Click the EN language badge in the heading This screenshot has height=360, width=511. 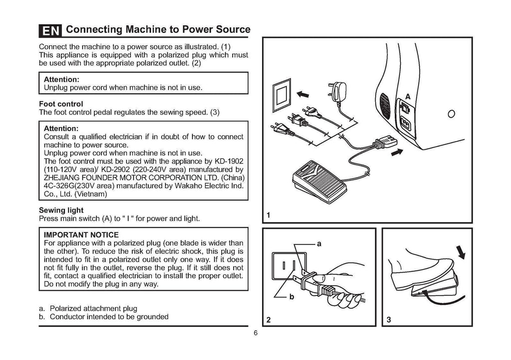[x=50, y=31]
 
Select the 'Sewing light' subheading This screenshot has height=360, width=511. [x=61, y=210]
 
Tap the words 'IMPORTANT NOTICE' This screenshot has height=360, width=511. [x=81, y=234]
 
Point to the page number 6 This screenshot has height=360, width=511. [x=255, y=334]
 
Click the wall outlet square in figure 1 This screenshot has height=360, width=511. [x=281, y=95]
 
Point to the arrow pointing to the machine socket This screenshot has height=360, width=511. [x=397, y=152]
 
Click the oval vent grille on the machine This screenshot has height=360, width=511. [x=385, y=105]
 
